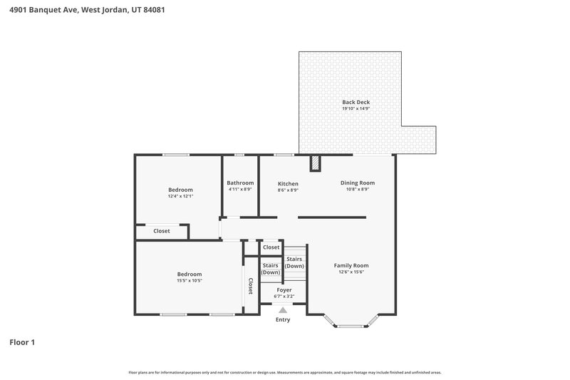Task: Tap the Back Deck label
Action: pos(356,102)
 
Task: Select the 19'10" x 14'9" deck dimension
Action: pos(356,109)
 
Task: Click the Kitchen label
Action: pos(288,183)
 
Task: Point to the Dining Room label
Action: pos(357,183)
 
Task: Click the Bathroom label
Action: pos(240,183)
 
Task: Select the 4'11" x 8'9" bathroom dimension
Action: pos(240,190)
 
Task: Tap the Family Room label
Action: pos(351,265)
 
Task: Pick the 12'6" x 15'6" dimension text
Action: pos(351,272)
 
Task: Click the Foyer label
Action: pos(284,290)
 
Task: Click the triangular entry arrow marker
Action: pos(283,309)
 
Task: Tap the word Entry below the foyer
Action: pos(283,319)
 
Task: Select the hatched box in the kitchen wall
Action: pos(315,164)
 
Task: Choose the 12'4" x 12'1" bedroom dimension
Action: pos(180,196)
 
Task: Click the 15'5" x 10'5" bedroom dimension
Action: pos(190,280)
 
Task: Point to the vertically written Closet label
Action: pos(250,286)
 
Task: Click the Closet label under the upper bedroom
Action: pos(162,231)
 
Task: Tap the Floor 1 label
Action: pos(22,342)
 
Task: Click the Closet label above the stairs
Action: pos(271,247)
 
